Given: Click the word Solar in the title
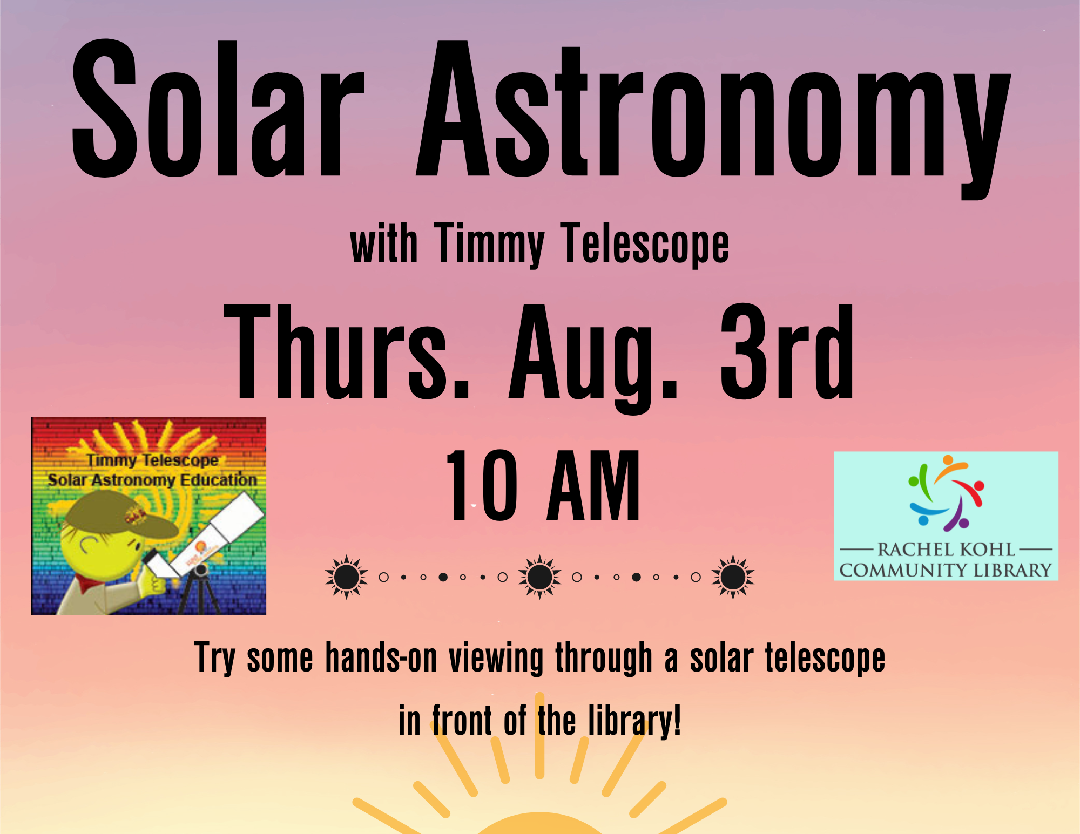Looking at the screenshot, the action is [x=219, y=108].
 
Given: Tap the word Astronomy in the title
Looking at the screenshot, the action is [x=713, y=119].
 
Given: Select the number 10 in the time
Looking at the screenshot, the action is [x=481, y=485].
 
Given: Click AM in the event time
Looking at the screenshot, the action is [x=593, y=485].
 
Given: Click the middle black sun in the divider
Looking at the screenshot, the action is [x=539, y=577].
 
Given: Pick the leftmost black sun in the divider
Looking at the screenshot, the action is [x=346, y=577].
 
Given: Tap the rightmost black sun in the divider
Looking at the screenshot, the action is [x=733, y=577].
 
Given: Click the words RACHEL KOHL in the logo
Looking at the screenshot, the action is [x=946, y=550].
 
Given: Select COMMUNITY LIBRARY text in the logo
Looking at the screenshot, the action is [x=946, y=570].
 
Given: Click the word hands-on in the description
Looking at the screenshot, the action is [x=381, y=658].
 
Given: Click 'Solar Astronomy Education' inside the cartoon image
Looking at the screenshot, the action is [x=152, y=480].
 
